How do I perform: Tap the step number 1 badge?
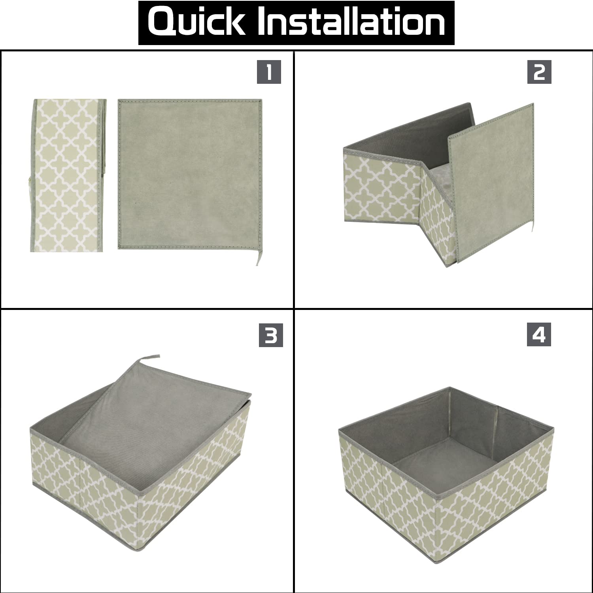tap(269, 72)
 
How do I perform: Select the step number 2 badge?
tap(539, 72)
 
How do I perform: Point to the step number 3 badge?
tap(271, 335)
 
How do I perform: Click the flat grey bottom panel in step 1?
tap(190, 174)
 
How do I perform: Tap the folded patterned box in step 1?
tap(70, 174)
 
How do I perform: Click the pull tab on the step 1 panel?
tap(257, 257)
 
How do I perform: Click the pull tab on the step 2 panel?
tap(532, 225)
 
